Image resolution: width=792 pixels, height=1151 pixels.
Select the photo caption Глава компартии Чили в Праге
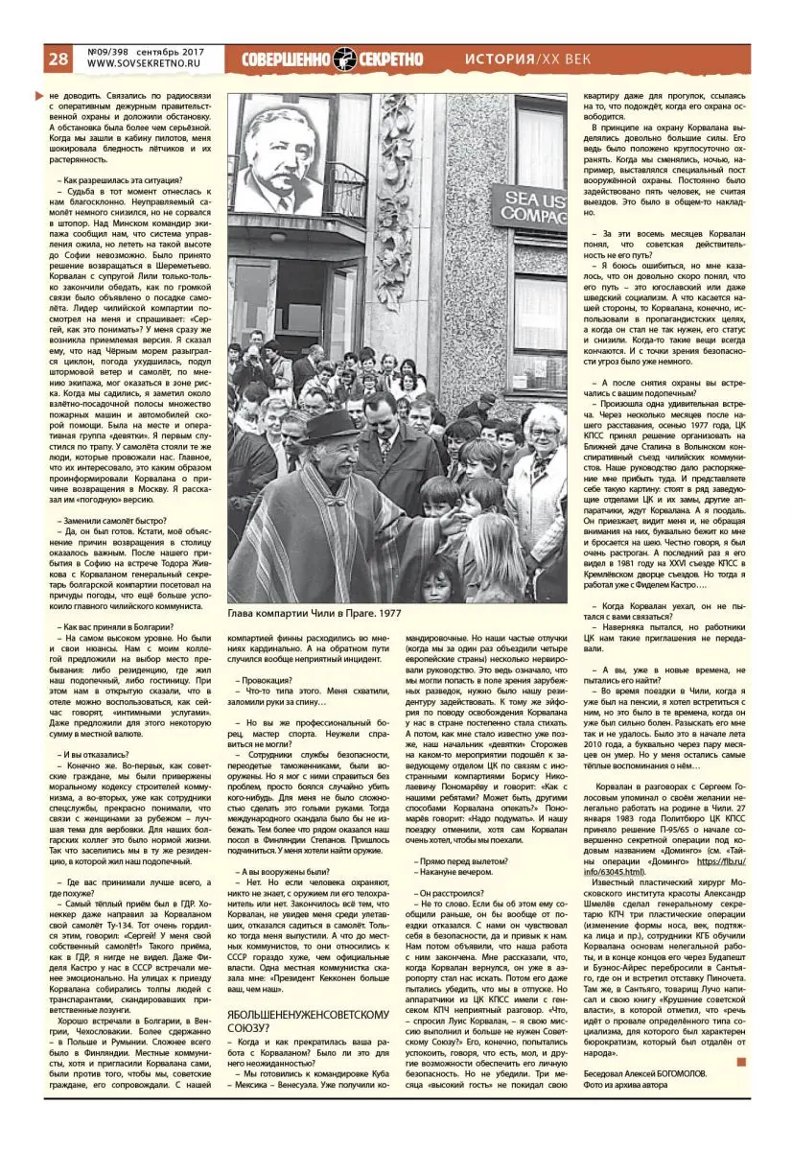(315, 613)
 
